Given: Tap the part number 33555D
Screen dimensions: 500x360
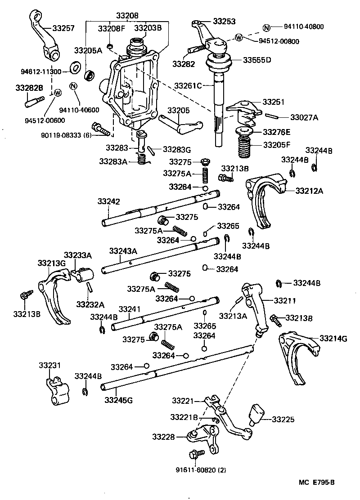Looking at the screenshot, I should point(257,59).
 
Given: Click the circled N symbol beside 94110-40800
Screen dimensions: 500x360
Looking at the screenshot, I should point(266,27).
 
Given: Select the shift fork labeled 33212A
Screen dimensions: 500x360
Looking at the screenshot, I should point(265,198).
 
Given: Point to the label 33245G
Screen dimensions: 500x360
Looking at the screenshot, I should point(118,399).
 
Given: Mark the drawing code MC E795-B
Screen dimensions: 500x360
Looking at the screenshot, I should point(317,482).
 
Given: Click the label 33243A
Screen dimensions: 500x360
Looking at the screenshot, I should point(123,250).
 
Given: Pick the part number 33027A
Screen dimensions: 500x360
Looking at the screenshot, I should point(304,117).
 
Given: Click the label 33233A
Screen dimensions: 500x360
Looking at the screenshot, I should point(77,255).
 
